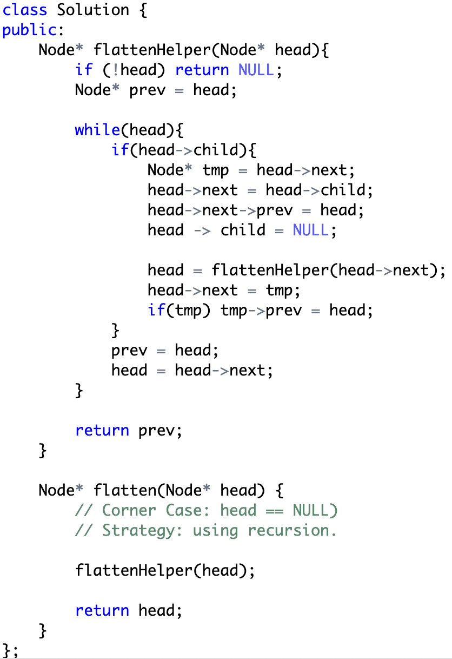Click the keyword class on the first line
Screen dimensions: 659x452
[24, 10]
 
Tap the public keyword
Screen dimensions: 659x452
[30, 30]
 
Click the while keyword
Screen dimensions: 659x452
[97, 130]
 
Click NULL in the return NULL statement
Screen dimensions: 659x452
[256, 70]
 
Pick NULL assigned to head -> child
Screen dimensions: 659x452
[311, 230]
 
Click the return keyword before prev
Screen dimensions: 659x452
[102, 431]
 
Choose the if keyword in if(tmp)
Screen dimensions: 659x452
[156, 311]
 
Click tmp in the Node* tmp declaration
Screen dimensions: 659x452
[216, 170]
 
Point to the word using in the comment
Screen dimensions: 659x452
[215, 530]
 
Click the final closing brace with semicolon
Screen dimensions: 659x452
[10, 650]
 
